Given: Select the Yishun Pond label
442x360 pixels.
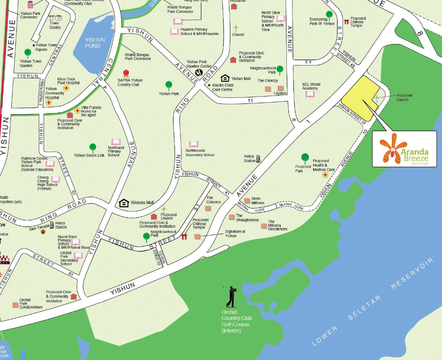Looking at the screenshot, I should pyautogui.click(x=95, y=42).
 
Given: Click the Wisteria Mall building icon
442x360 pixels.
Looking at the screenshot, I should pyautogui.click(x=124, y=203).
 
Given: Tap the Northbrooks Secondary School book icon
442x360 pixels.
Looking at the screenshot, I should pyautogui.click(x=194, y=144).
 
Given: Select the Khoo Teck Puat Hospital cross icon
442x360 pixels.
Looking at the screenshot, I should pyautogui.click(x=66, y=88).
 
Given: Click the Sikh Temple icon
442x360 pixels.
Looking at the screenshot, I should pyautogui.click(x=43, y=231).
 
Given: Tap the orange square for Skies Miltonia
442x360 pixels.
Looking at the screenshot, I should pyautogui.click(x=247, y=201).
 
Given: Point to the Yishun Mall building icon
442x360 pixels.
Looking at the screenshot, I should pyautogui.click(x=225, y=78).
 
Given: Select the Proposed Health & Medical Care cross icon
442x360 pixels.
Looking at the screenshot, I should pyautogui.click(x=325, y=175).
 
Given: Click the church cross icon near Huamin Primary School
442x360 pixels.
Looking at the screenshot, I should pyautogui.click(x=236, y=28).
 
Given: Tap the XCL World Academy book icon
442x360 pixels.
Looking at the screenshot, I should pyautogui.click(x=310, y=94).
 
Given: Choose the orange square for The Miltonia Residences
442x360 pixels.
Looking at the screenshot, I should pyautogui.click(x=264, y=226).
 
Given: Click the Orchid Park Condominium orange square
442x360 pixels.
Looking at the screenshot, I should pyautogui.click(x=15, y=305).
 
